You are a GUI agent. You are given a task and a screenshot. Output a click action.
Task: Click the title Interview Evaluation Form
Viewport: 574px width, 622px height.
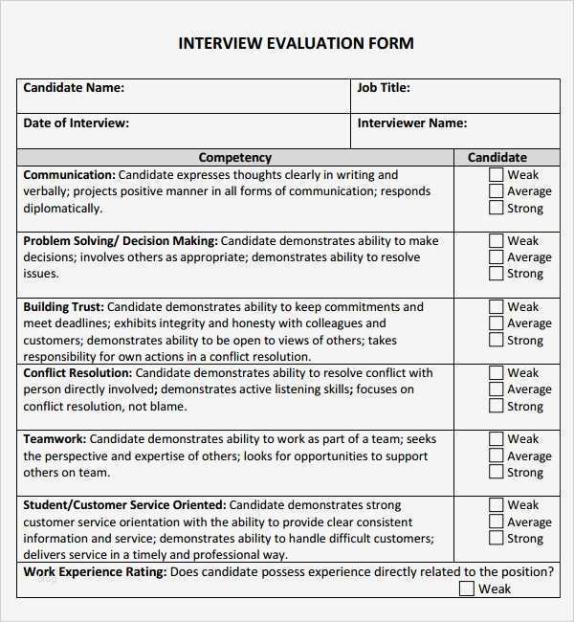click(x=296, y=43)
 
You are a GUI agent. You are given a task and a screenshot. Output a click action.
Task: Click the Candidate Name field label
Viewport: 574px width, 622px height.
click(x=74, y=88)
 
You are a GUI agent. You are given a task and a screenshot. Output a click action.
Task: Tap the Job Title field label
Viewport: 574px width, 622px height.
click(x=384, y=88)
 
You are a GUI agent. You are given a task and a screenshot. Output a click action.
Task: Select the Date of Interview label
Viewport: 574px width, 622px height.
click(x=76, y=123)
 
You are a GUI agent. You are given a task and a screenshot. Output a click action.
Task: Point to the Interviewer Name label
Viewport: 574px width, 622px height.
click(x=411, y=123)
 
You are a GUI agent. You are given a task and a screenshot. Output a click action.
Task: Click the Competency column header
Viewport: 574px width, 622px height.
click(x=234, y=158)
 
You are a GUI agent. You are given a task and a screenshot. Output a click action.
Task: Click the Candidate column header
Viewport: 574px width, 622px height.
click(x=497, y=158)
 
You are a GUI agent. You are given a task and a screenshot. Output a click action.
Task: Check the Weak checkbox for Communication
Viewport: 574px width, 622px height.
click(x=496, y=175)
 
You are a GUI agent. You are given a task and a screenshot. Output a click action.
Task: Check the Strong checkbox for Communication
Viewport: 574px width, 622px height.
click(x=496, y=208)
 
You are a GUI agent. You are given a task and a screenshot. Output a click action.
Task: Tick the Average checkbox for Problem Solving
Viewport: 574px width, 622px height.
click(x=496, y=257)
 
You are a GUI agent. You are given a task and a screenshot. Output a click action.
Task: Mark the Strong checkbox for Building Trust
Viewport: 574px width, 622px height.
click(x=496, y=340)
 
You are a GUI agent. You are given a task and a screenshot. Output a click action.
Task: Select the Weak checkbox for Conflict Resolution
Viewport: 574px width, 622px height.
click(x=496, y=373)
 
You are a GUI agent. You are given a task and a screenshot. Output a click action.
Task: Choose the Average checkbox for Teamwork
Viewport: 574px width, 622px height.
click(x=496, y=455)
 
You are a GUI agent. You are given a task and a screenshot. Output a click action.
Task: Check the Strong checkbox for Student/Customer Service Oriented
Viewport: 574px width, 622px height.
click(x=496, y=538)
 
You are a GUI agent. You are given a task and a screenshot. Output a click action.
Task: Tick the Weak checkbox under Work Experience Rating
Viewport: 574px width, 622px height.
click(x=466, y=589)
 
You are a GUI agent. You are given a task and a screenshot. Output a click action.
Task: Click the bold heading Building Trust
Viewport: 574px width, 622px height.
click(x=63, y=307)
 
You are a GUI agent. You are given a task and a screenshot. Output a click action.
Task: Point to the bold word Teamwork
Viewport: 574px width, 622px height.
click(x=55, y=439)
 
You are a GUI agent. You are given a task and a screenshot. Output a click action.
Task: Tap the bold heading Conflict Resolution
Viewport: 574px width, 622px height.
click(x=77, y=373)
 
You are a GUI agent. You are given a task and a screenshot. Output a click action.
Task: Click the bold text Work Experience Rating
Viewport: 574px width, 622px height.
click(x=94, y=572)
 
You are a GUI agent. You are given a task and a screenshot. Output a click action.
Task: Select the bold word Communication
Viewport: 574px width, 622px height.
click(x=68, y=175)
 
